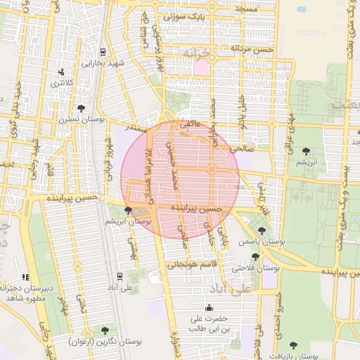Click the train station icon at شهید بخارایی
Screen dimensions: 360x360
[103, 51]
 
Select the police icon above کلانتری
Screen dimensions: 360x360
[63, 72]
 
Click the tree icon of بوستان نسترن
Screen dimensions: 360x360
[82, 108]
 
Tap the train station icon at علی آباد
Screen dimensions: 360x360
[120, 276]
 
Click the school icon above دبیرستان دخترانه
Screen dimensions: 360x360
[27, 277]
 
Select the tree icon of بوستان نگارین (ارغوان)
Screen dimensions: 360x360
[105, 330]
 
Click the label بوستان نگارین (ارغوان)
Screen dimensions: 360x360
[105, 341]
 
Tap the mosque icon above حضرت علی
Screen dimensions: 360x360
[209, 307]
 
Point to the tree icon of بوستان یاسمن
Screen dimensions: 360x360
[262, 230]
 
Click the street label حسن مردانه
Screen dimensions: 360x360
[255, 50]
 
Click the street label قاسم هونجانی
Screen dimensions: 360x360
[195, 265]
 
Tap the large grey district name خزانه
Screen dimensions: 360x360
[197, 53]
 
